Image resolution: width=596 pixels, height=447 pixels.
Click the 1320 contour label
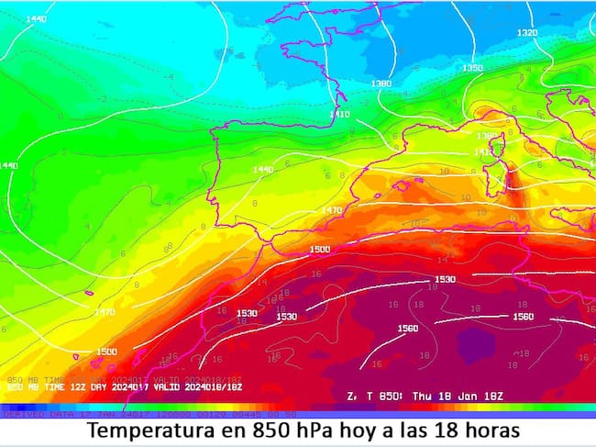[527, 33]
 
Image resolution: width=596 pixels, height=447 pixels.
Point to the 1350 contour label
[472, 68]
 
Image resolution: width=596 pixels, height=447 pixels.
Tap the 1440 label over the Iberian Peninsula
[263, 170]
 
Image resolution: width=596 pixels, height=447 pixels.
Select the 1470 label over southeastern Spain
[331, 210]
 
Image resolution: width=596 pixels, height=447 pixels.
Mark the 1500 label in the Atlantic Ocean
[106, 352]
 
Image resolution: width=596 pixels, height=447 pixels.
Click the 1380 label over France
[381, 84]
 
